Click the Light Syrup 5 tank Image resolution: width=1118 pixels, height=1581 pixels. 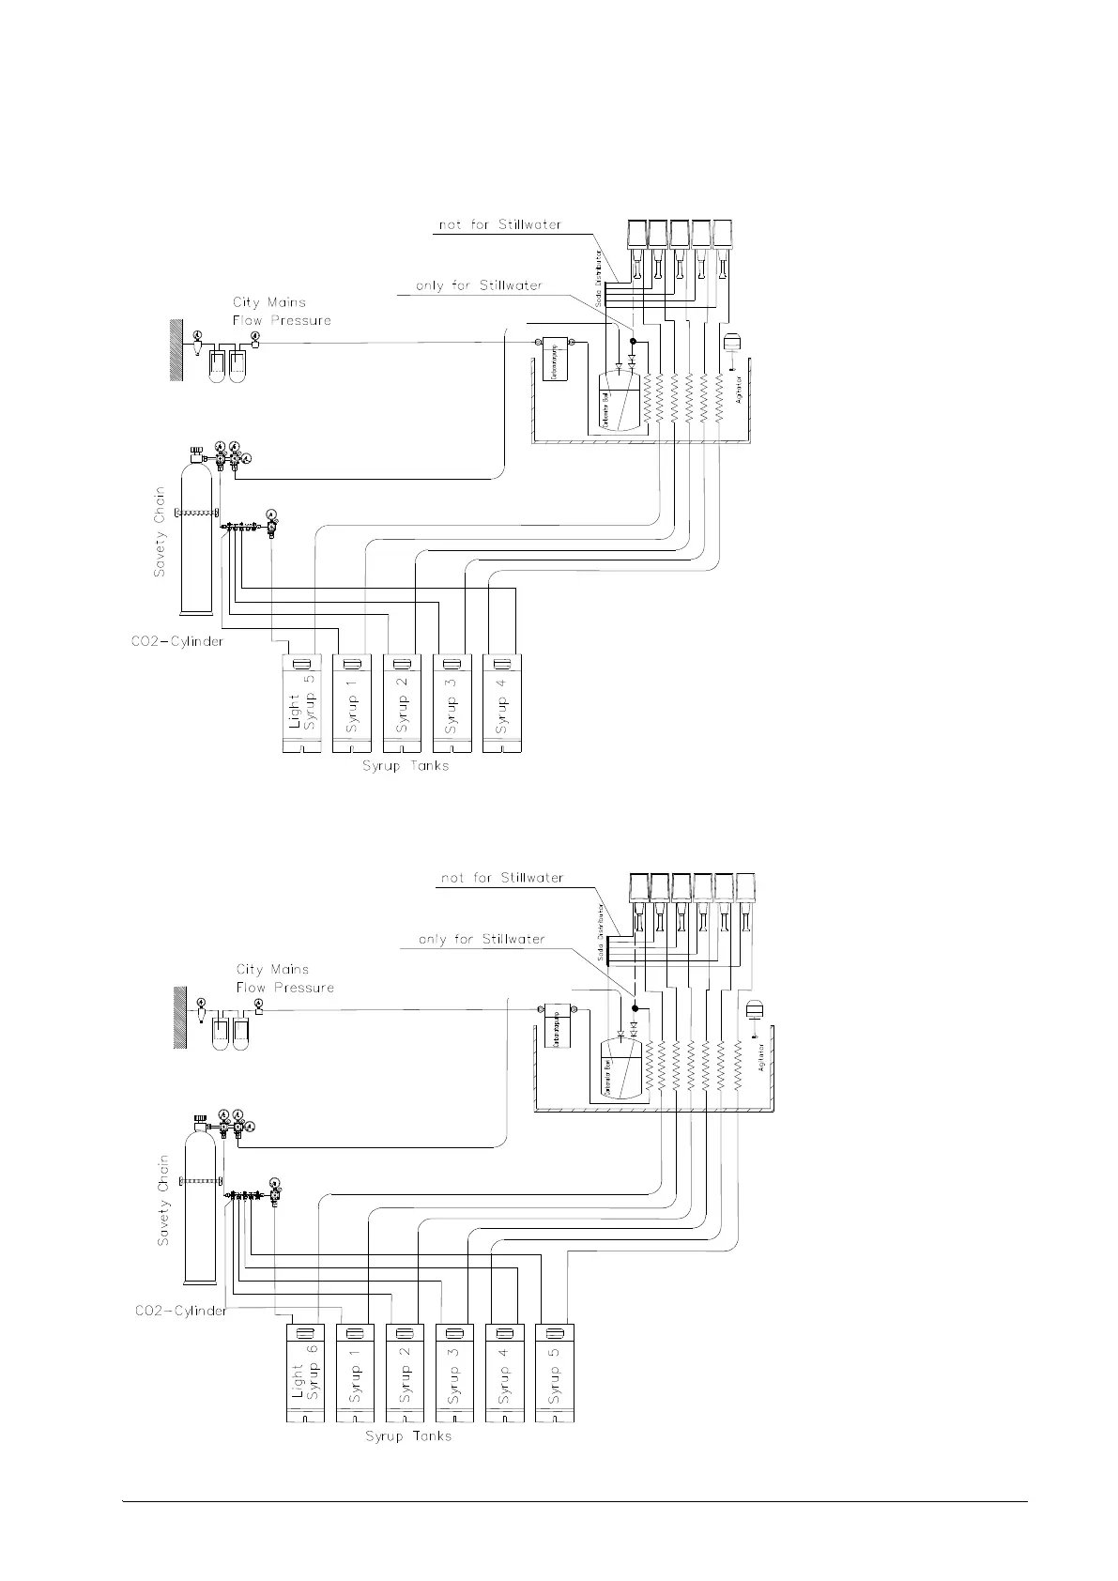(x=301, y=703)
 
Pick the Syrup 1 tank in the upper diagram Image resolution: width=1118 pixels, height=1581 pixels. (x=351, y=703)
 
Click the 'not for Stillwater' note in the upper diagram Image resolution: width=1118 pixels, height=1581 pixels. (x=500, y=225)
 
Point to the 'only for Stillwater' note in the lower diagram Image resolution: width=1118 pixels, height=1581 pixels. (x=481, y=939)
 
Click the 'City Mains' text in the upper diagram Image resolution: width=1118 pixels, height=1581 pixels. (x=269, y=302)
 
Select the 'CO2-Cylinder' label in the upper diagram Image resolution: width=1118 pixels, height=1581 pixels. (x=177, y=642)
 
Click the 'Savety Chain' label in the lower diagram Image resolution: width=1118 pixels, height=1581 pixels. (x=163, y=1200)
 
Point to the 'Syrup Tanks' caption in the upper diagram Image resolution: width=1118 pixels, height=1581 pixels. (x=406, y=766)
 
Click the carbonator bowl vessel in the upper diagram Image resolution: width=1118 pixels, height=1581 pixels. (x=619, y=399)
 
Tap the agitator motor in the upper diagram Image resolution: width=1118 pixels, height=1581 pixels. (x=734, y=341)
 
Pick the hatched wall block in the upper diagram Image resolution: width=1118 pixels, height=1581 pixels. (x=175, y=348)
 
